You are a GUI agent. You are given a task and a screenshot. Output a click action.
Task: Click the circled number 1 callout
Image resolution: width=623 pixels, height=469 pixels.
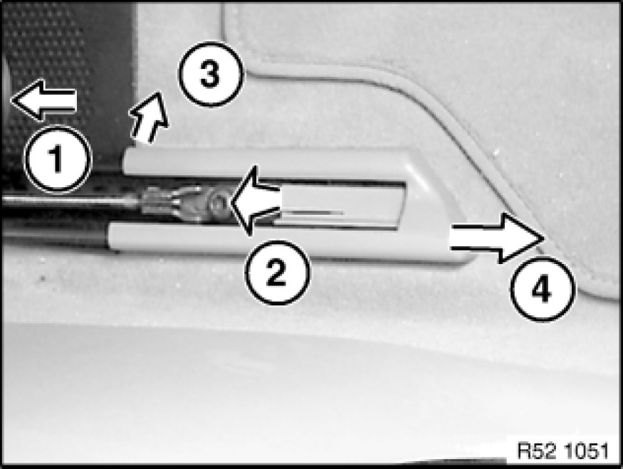pos(57,159)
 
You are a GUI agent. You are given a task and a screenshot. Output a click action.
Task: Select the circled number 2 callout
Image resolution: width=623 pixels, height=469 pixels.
pos(278,273)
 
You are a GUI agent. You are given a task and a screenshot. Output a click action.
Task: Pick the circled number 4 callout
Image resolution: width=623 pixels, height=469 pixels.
pos(543,289)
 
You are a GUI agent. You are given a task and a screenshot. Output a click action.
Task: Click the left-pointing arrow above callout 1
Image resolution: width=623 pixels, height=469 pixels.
pos(43,100)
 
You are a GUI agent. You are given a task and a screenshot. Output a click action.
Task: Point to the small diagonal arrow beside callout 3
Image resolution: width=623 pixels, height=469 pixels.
pos(149,117)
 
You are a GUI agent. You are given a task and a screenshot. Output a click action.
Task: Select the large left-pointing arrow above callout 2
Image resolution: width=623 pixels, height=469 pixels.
pos(256,201)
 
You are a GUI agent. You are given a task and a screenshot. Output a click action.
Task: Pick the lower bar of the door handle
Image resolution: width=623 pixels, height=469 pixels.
pos(278,241)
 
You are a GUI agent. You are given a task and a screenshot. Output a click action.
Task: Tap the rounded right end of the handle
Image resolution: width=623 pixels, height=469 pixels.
pos(445,206)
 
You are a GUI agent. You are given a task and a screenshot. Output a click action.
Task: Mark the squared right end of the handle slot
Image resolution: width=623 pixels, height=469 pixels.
pos(402,206)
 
